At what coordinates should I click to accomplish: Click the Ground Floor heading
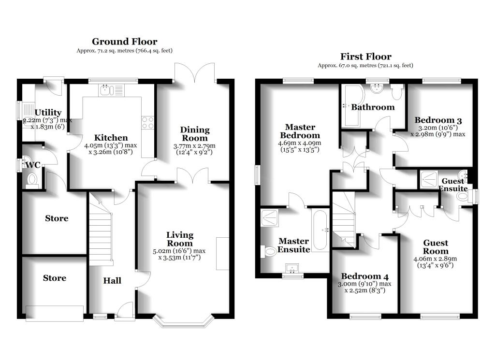pyautogui.click(x=124, y=42)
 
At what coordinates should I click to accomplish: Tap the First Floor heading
pyautogui.click(x=365, y=57)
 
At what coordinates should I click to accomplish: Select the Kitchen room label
pyautogui.click(x=111, y=138)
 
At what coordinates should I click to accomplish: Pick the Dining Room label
pyautogui.click(x=195, y=134)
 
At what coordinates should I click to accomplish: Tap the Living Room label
pyautogui.click(x=180, y=239)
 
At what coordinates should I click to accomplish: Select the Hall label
pyautogui.click(x=112, y=281)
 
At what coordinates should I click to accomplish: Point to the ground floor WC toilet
pyautogui.click(x=32, y=179)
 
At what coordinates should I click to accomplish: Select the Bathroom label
pyautogui.click(x=373, y=107)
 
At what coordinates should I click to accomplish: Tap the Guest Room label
pyautogui.click(x=436, y=247)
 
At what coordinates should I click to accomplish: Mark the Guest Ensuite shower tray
pyautogui.click(x=428, y=179)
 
